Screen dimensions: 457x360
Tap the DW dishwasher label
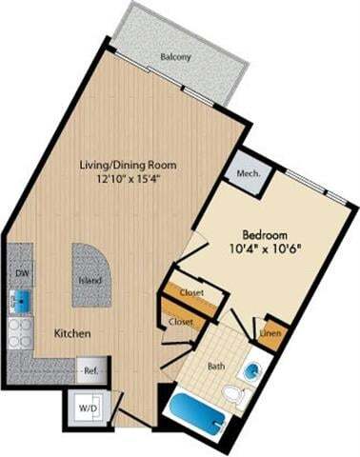coord(20,270)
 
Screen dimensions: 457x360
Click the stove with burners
coord(20,332)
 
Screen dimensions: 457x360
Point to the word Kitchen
coord(72,334)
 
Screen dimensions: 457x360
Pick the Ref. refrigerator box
coord(91,369)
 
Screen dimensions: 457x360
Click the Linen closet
coord(270,334)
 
